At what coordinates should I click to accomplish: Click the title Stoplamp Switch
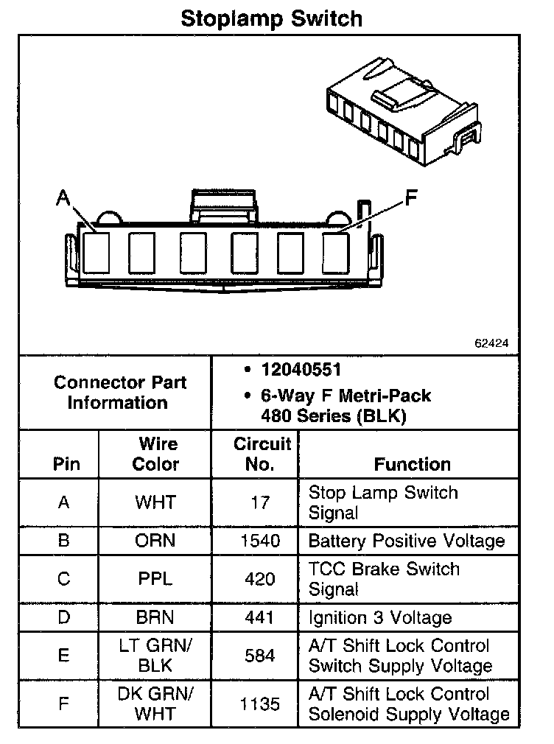click(271, 18)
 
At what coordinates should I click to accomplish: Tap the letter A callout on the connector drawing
click(63, 198)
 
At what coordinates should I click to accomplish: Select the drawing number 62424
click(492, 343)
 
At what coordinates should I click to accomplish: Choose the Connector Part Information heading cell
click(120, 393)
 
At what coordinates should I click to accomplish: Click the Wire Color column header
click(156, 455)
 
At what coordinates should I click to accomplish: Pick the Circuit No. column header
click(262, 455)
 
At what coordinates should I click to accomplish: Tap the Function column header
click(412, 464)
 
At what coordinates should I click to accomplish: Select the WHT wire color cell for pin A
click(155, 502)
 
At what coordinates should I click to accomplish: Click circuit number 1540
click(260, 541)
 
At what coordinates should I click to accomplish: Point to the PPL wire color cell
click(155, 579)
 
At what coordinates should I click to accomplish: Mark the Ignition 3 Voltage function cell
click(380, 618)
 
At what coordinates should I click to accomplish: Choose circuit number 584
click(260, 656)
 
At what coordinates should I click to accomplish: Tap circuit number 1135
click(260, 704)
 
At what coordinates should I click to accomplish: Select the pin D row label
click(64, 618)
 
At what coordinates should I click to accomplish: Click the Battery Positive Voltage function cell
click(407, 541)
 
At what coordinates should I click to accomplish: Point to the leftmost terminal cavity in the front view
click(97, 253)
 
